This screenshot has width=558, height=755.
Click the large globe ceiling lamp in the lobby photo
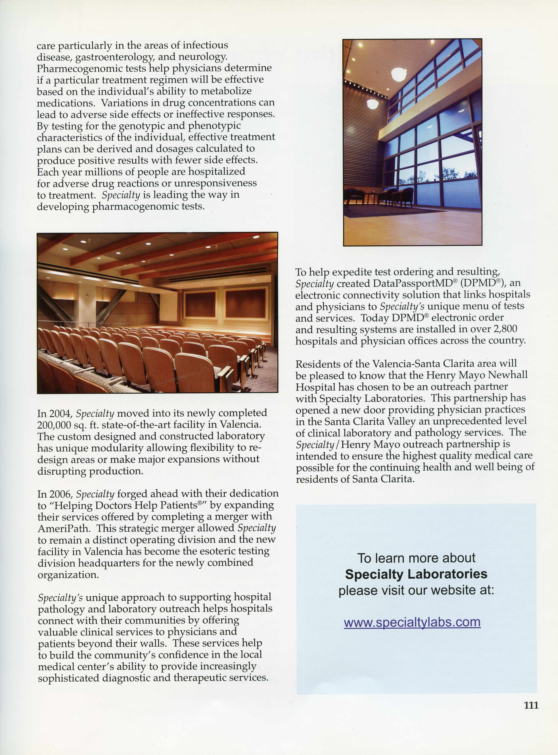(x=399, y=74)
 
